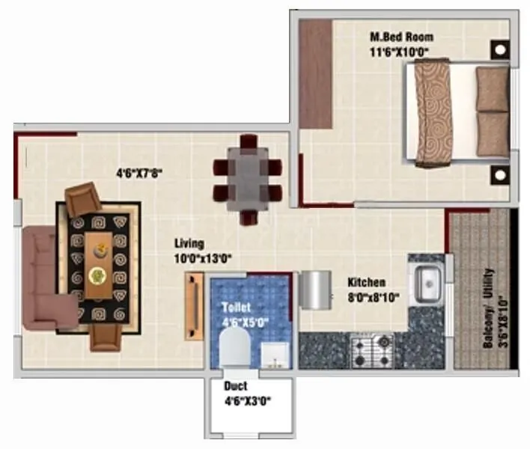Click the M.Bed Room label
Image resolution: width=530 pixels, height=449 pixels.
[x=401, y=37]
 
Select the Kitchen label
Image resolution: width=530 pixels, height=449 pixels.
[x=367, y=282]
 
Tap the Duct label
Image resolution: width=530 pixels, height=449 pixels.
[x=236, y=387]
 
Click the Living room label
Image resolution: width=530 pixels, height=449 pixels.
[x=189, y=244]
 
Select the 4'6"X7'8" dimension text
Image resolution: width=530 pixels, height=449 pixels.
[x=139, y=173]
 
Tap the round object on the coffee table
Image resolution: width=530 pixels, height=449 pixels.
[x=97, y=275]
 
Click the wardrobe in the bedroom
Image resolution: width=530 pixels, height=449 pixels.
[x=315, y=73]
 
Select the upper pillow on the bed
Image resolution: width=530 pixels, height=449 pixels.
[x=492, y=89]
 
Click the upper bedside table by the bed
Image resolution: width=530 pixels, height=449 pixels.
[x=499, y=51]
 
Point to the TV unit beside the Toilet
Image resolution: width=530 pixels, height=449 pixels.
[x=194, y=307]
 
